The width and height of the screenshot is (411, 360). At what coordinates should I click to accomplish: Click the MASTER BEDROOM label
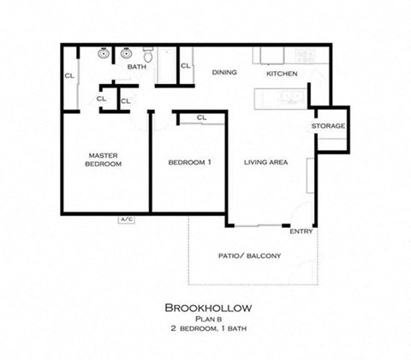(x=103, y=160)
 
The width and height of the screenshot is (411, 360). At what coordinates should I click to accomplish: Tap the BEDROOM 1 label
(x=189, y=162)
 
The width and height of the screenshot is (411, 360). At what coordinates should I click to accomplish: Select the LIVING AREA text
(x=265, y=162)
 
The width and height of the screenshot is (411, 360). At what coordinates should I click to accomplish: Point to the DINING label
(x=224, y=73)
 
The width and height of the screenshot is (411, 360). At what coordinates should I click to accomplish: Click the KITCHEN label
(x=282, y=74)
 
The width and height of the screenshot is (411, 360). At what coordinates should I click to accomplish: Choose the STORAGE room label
(x=328, y=126)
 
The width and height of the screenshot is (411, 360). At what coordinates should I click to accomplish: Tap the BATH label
(x=136, y=66)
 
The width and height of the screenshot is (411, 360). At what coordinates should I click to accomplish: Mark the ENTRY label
(x=301, y=231)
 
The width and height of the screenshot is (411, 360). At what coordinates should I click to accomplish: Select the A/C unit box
(x=127, y=220)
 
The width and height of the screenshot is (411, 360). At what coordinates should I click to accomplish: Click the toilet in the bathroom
(x=148, y=56)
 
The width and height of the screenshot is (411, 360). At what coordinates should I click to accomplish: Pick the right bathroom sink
(x=126, y=52)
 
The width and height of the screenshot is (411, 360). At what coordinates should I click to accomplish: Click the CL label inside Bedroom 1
(x=201, y=117)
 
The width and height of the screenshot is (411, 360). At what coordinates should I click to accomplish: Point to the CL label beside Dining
(x=185, y=66)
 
